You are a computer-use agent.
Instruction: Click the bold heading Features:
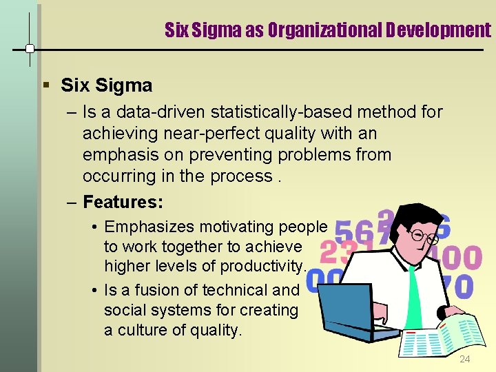pos(123,202)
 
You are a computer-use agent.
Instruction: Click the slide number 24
pos(465,360)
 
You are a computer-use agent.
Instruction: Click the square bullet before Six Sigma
pos(45,86)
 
